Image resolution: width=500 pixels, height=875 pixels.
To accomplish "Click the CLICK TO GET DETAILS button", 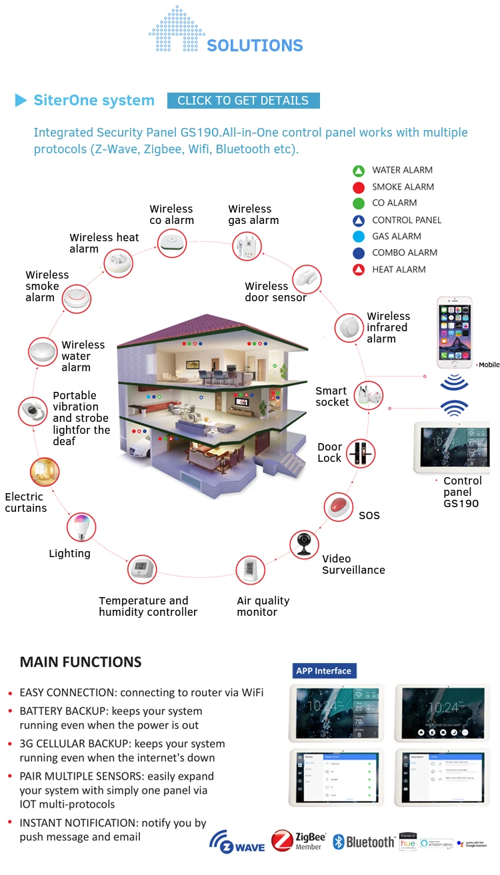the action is click(x=243, y=101).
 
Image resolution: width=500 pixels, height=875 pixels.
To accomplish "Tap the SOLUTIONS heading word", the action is click(x=255, y=45).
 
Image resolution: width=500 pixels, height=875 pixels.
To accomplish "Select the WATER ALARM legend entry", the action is click(x=402, y=170).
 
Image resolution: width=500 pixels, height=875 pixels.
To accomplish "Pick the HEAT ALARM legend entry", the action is click(x=399, y=269).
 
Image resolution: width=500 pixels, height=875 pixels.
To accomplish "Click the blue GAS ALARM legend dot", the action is click(x=359, y=237).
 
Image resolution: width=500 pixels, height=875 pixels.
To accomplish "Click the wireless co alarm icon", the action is click(x=173, y=243).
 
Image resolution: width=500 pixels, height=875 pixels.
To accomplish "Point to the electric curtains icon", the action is click(x=45, y=472).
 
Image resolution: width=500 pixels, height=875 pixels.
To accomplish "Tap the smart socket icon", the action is click(x=367, y=396).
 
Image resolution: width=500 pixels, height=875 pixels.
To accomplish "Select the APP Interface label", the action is click(x=324, y=670).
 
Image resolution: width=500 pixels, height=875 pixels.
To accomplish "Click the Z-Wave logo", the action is click(x=237, y=842).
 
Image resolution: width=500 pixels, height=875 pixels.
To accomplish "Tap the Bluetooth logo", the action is click(x=363, y=842).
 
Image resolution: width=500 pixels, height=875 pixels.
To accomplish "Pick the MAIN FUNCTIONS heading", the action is click(x=81, y=662).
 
